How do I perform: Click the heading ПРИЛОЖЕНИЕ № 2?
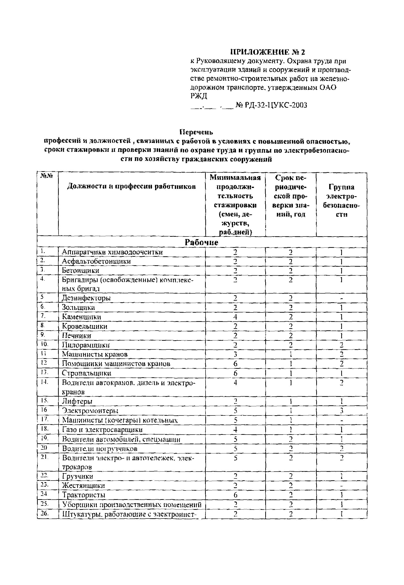(x=268, y=52)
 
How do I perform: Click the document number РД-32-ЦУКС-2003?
(x=274, y=105)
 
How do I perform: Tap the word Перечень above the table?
(x=196, y=132)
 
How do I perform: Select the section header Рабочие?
(x=202, y=242)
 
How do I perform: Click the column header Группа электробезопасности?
(x=341, y=201)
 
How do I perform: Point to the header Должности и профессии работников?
(x=131, y=187)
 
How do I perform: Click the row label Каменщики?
(x=82, y=317)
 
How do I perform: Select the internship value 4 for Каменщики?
(x=235, y=317)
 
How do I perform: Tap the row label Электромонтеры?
(x=90, y=411)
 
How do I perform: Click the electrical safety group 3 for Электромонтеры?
(x=341, y=411)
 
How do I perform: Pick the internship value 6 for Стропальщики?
(x=235, y=373)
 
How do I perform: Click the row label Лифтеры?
(x=77, y=401)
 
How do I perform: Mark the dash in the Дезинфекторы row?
(x=341, y=299)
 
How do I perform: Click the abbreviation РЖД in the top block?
(x=199, y=96)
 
